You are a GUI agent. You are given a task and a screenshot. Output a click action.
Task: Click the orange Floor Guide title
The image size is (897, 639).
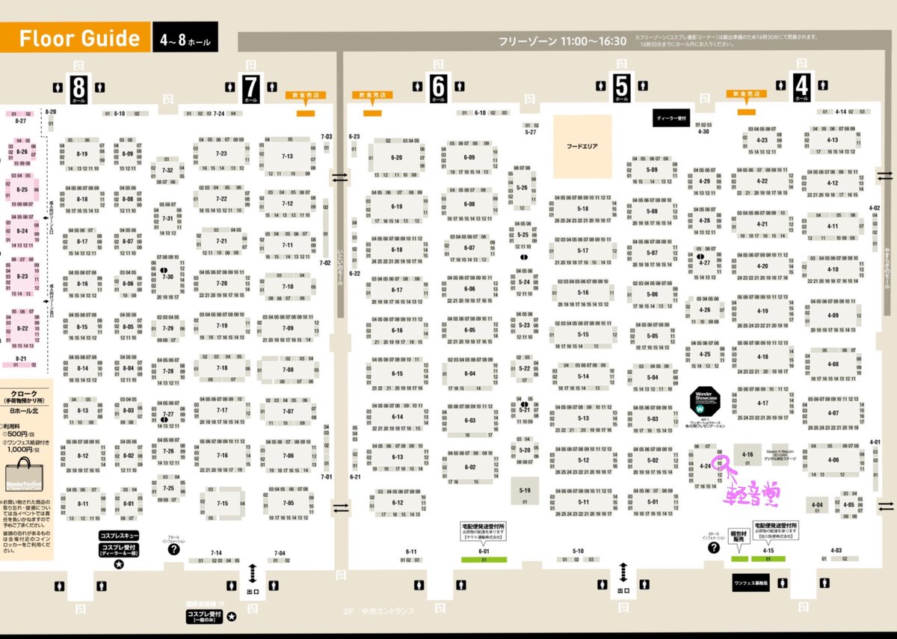pyautogui.click(x=75, y=38)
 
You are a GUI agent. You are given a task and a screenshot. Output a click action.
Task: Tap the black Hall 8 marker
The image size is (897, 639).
pyautogui.click(x=78, y=88)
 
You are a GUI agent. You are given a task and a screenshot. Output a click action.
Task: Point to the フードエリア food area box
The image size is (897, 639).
pyautogui.click(x=582, y=146)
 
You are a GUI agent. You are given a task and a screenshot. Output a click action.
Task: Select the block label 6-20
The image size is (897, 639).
pyautogui.click(x=396, y=157)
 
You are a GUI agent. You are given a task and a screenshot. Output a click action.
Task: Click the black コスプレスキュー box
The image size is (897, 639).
pyautogui.click(x=119, y=536)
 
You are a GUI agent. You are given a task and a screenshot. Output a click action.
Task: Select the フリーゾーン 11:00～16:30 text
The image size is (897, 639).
pyautogui.click(x=562, y=41)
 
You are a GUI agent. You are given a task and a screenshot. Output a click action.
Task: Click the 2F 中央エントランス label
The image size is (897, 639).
pyautogui.click(x=378, y=611)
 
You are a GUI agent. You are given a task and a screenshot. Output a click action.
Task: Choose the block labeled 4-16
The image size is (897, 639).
pyautogui.click(x=747, y=455)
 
